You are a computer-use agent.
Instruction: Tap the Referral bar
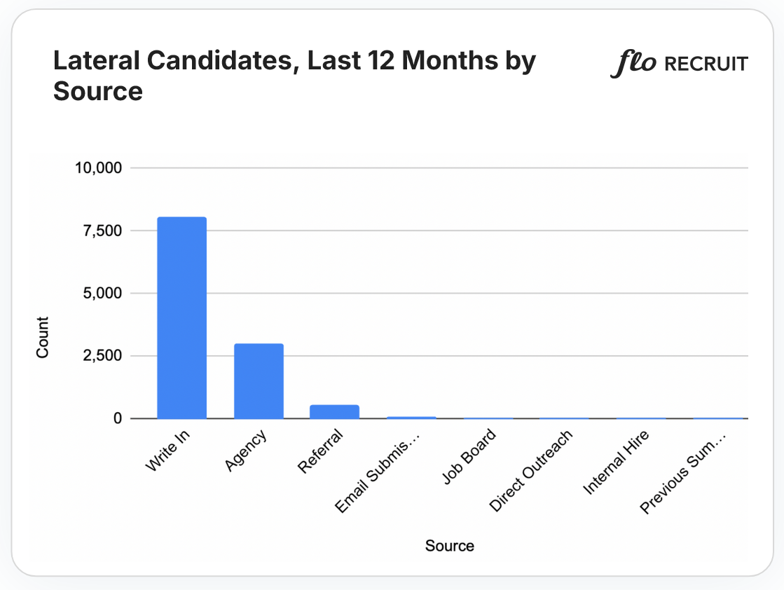point(335,411)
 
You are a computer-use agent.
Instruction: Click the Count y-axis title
point(43,338)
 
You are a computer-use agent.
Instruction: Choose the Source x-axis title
point(449,545)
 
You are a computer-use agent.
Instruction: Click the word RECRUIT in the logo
point(706,64)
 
